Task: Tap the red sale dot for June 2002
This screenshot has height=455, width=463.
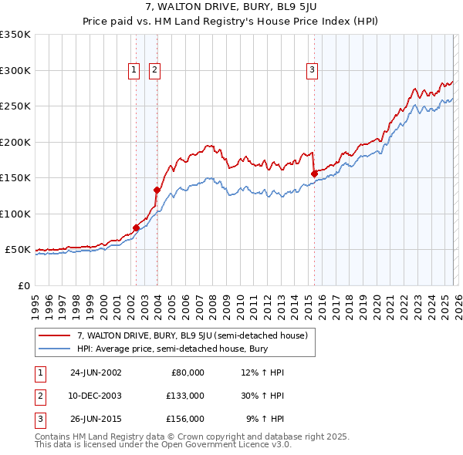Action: [137, 228]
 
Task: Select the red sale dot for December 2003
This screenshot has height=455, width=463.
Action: [157, 190]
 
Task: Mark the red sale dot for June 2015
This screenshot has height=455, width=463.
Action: [314, 174]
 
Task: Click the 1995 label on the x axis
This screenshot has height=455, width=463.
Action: [35, 301]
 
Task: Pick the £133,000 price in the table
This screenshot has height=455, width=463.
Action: [185, 395]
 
